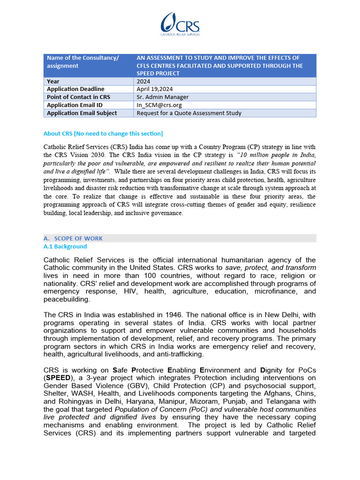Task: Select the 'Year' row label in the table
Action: click(x=53, y=82)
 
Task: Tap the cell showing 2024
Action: click(x=143, y=82)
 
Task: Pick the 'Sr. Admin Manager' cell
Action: click(x=163, y=97)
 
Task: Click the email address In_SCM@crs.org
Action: click(x=159, y=105)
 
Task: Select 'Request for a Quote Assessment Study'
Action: click(x=189, y=113)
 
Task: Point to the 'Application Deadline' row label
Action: click(x=75, y=89)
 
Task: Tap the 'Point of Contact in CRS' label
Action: click(x=78, y=97)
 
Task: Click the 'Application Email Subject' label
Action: click(x=82, y=113)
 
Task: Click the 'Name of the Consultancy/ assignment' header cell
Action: click(x=82, y=62)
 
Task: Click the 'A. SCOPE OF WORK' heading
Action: click(x=73, y=238)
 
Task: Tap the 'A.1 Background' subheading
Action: click(x=65, y=247)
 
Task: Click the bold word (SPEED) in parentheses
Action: click(x=59, y=378)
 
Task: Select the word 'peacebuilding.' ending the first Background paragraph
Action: click(x=66, y=299)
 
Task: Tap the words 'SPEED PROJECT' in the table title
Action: click(x=158, y=74)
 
